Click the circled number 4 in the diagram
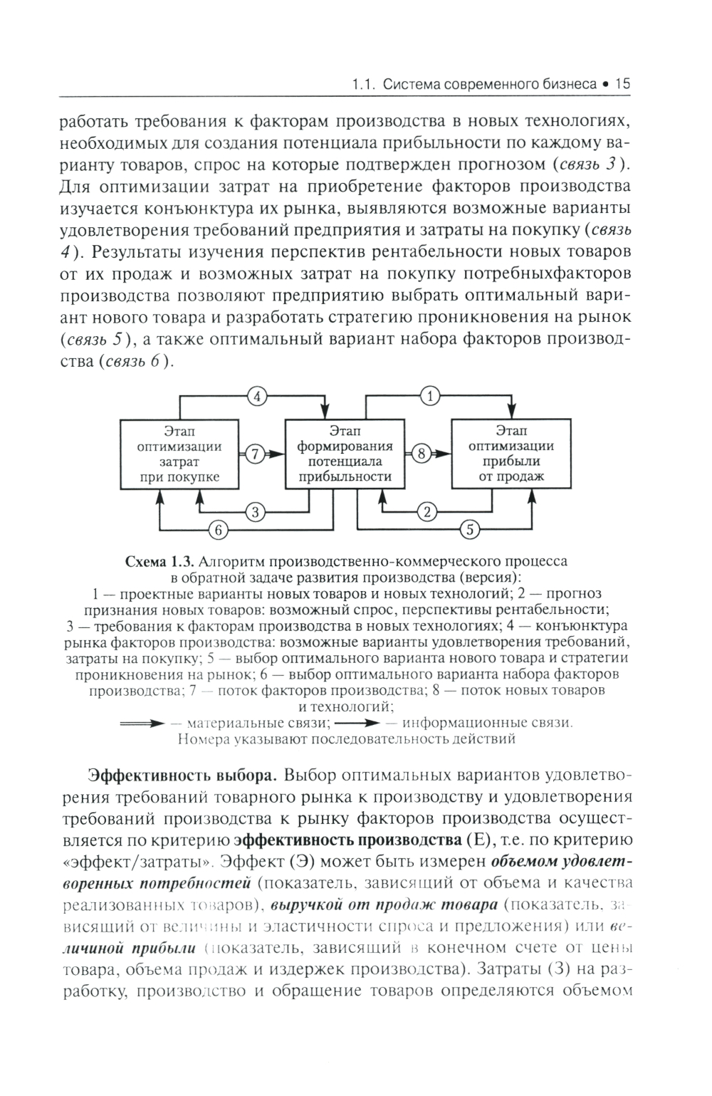click(x=256, y=397)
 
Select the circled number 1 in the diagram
click(x=429, y=397)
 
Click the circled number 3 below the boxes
click(x=255, y=511)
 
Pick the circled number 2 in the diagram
click(x=428, y=511)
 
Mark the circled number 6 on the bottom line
click(x=219, y=529)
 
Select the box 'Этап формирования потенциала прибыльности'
click(x=345, y=454)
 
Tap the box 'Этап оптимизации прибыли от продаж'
click(x=511, y=454)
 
